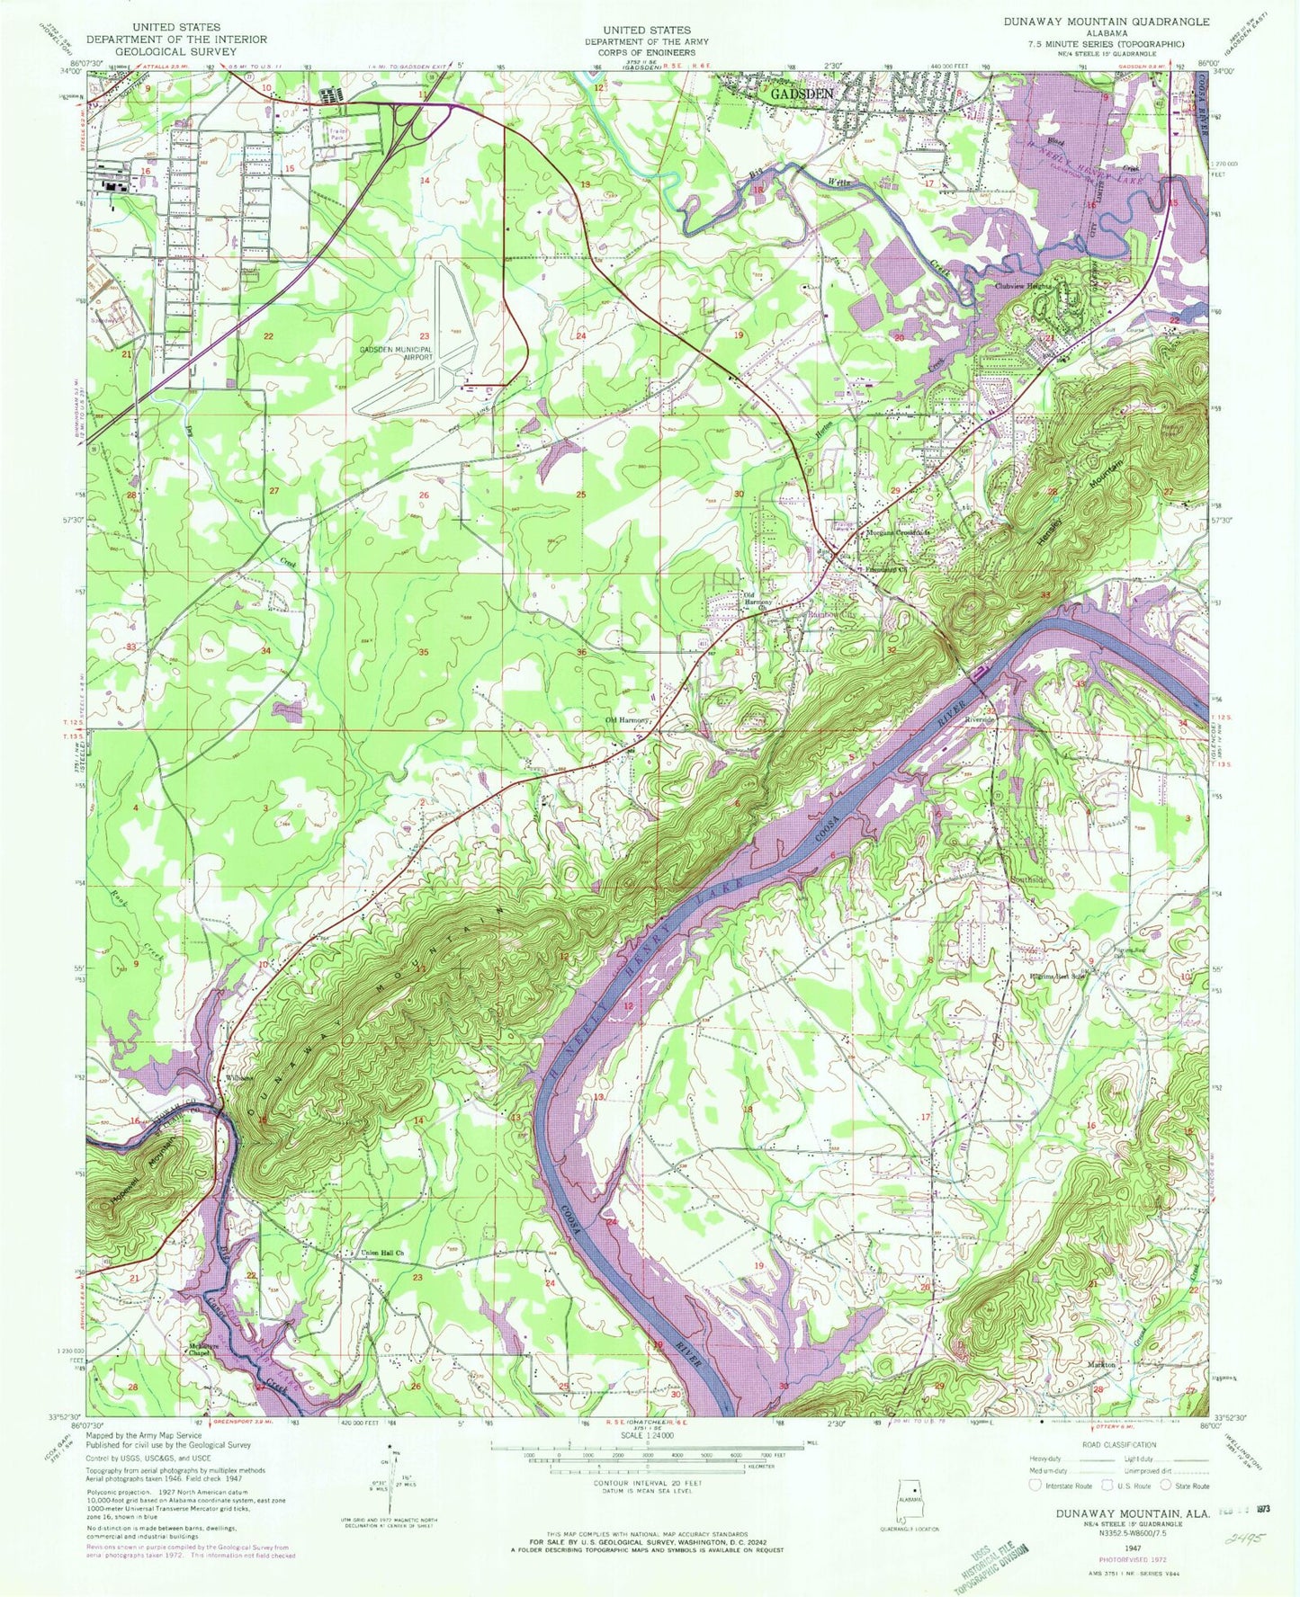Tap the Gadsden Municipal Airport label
pyautogui.click(x=396, y=353)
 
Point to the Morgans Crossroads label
pyautogui.click(x=896, y=532)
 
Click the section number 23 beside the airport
pyautogui.click(x=424, y=336)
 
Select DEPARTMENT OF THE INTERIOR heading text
pyautogui.click(x=175, y=40)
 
